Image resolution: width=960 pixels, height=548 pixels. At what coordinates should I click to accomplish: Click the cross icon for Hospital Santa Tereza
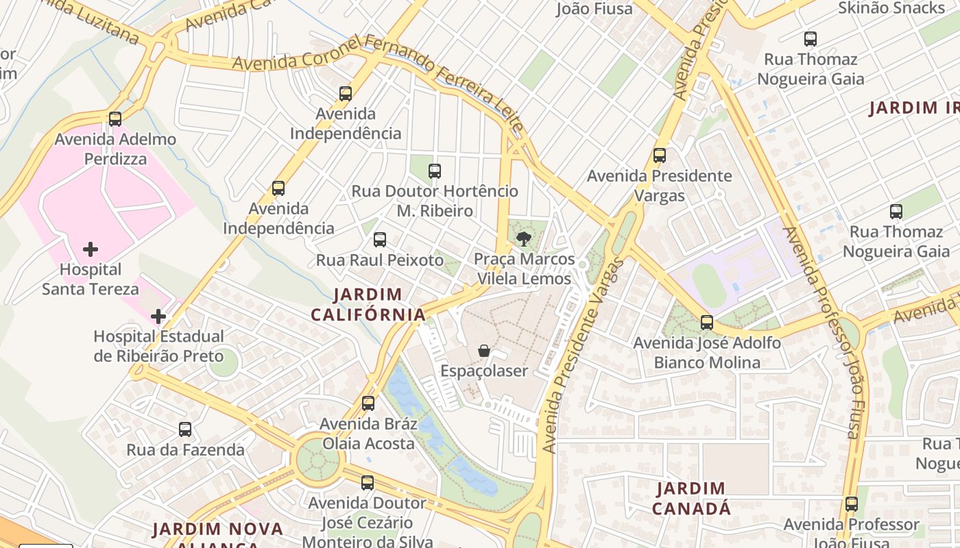(91, 249)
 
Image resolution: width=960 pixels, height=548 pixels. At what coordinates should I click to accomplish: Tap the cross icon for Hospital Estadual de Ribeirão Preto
(158, 316)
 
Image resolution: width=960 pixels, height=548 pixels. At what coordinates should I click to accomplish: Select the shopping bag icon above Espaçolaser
(484, 351)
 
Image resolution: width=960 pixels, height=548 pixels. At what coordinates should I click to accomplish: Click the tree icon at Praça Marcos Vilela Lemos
(524, 239)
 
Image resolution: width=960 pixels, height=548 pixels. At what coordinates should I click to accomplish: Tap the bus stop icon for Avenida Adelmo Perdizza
(115, 119)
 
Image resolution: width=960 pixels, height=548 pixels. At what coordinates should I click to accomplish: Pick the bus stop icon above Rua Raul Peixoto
(380, 240)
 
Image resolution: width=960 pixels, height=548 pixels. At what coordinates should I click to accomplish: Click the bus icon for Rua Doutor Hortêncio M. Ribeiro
(435, 171)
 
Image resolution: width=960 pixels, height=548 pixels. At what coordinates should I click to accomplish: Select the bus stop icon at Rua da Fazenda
(185, 429)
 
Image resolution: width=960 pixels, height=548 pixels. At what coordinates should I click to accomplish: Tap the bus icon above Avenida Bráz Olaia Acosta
(368, 403)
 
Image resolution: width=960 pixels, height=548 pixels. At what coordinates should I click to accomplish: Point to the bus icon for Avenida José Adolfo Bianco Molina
(707, 322)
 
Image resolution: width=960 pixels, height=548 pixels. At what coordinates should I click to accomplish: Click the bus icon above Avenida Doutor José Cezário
(368, 483)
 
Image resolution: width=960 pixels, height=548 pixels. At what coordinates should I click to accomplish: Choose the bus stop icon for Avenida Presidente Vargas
(660, 155)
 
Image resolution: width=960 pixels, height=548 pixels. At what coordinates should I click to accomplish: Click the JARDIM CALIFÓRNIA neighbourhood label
(368, 305)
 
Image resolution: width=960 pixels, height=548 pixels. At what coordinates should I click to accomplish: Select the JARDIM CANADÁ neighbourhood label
(691, 499)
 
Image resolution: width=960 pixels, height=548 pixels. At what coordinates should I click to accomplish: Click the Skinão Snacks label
(891, 8)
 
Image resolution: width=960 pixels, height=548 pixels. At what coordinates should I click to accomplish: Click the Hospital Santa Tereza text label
(91, 279)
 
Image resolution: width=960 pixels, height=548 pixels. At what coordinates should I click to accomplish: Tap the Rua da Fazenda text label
(185, 450)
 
